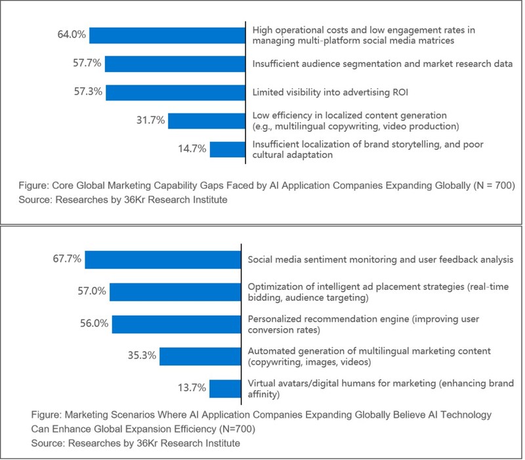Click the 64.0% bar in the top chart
[167, 35]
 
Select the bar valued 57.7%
[174, 64]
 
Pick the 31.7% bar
[206, 121]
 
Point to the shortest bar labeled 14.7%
[227, 149]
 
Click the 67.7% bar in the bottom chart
[163, 259]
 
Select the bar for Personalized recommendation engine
[177, 324]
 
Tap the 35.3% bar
[200, 356]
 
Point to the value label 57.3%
[87, 92]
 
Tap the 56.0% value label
[93, 324]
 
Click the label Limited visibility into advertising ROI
[317, 92]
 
